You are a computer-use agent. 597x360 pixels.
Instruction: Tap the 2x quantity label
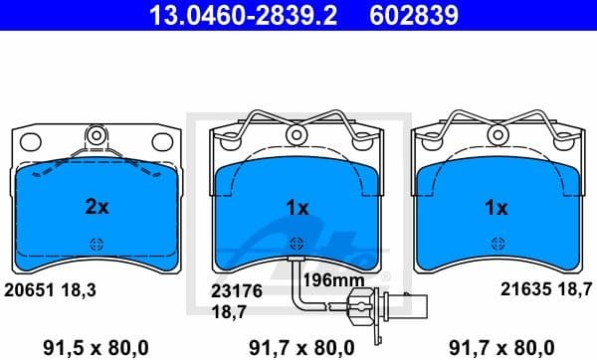(97, 208)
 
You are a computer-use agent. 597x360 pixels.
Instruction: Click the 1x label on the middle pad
(297, 208)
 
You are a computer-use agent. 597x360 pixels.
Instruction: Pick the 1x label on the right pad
(495, 208)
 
